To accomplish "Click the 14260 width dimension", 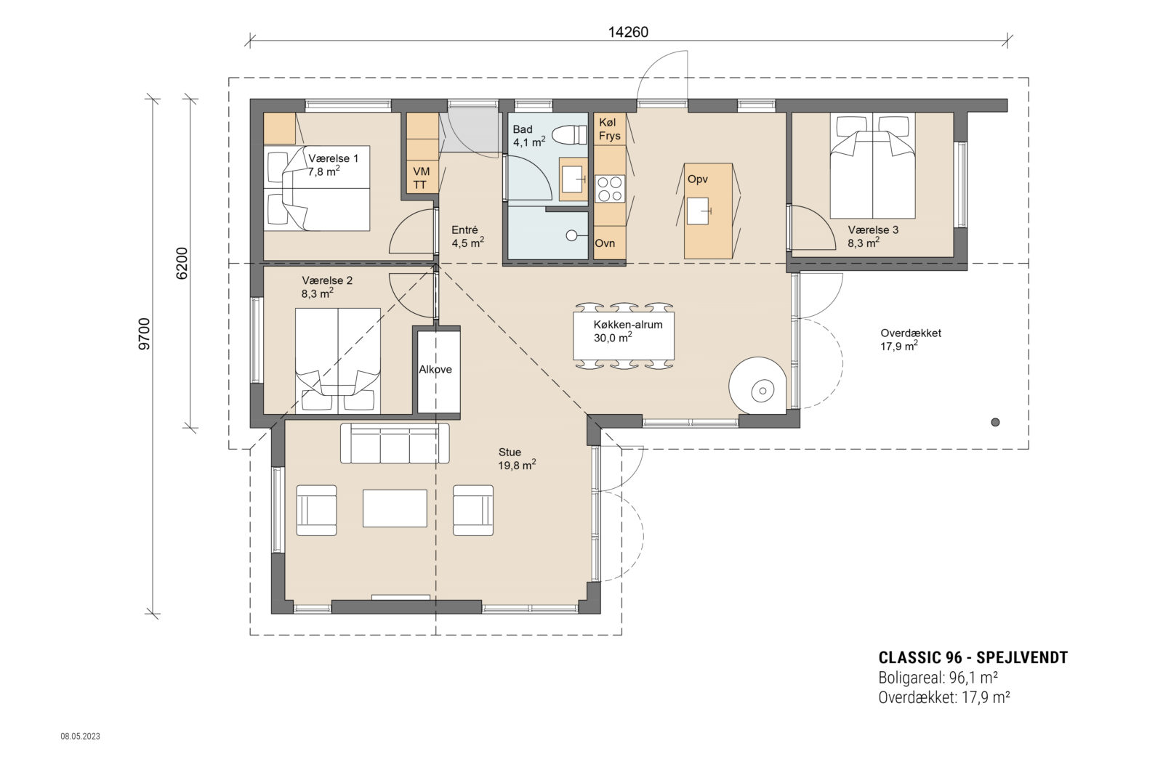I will (x=628, y=32).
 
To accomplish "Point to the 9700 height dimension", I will (x=145, y=333).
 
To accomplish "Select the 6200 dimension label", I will (x=182, y=263).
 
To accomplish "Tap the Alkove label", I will (x=435, y=369).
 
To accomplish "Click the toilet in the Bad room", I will (x=569, y=135).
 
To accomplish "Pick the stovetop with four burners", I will (x=609, y=189).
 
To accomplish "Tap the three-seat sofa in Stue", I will (x=395, y=443).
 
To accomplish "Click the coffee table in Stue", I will (x=395, y=508).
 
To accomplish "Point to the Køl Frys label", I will (x=609, y=129).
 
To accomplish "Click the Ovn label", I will (x=605, y=243).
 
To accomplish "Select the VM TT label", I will (x=421, y=177).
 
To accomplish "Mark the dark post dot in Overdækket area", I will (x=995, y=422).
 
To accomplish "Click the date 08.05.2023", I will (x=80, y=737).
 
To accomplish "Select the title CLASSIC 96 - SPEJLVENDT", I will (x=973, y=657).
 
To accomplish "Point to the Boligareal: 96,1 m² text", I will (x=937, y=678).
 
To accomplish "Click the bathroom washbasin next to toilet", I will (x=572, y=179).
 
